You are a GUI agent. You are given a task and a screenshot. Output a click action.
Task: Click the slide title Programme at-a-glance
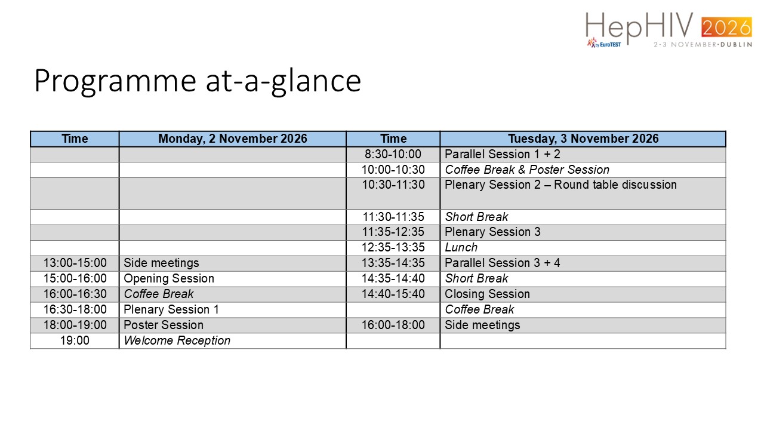pyautogui.click(x=198, y=81)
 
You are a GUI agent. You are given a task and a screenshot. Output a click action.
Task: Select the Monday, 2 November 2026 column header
pyautogui.click(x=233, y=139)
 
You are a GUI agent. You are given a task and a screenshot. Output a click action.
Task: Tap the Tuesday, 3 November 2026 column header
pyautogui.click(x=583, y=139)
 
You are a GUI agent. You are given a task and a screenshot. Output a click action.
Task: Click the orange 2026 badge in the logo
pyautogui.click(x=726, y=27)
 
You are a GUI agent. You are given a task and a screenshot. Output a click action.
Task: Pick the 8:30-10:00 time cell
pyautogui.click(x=393, y=154)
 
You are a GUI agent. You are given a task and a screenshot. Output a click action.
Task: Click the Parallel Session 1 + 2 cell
pyautogui.click(x=503, y=154)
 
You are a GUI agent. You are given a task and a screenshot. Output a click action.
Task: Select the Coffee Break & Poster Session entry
pyautogui.click(x=527, y=170)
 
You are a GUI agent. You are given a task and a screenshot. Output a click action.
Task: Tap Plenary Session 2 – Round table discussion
pyautogui.click(x=560, y=185)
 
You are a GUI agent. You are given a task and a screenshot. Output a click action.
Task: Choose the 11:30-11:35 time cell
pyautogui.click(x=393, y=217)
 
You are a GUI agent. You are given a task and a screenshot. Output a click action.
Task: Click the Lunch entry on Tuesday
pyautogui.click(x=461, y=247)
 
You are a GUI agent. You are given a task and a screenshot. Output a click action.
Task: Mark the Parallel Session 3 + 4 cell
pyautogui.click(x=503, y=263)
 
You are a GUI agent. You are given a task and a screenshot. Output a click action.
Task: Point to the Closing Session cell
pyautogui.click(x=488, y=294)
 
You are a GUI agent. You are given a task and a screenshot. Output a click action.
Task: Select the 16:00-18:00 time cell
pyautogui.click(x=393, y=325)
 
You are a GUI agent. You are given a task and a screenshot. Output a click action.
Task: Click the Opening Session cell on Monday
pyautogui.click(x=169, y=278)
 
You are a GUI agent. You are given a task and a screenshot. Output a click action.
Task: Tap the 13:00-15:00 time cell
pyautogui.click(x=75, y=263)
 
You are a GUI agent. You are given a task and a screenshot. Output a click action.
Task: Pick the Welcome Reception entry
pyautogui.click(x=177, y=340)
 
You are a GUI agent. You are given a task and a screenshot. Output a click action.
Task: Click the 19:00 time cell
pyautogui.click(x=75, y=340)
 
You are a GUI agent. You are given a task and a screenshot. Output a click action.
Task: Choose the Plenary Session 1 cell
pyautogui.click(x=171, y=309)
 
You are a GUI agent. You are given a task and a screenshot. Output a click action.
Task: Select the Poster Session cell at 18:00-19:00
pyautogui.click(x=164, y=325)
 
